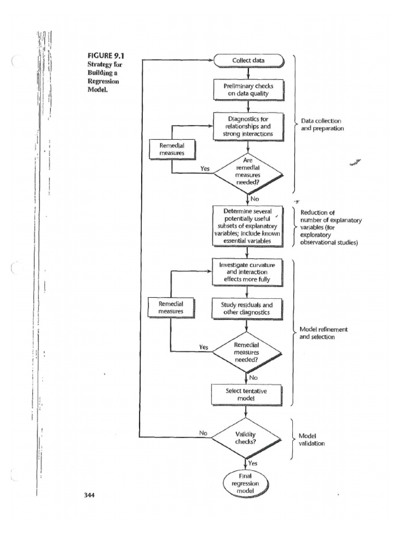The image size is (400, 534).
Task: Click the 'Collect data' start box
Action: click(x=248, y=60)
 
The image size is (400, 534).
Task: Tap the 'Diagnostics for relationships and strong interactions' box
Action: click(x=248, y=127)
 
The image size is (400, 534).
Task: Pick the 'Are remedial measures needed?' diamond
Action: click(x=247, y=172)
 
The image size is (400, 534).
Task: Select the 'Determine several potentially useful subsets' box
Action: click(x=247, y=227)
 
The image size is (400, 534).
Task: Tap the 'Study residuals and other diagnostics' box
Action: click(x=247, y=308)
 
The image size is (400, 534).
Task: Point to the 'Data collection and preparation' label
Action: click(x=322, y=125)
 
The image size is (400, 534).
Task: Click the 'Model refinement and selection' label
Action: click(x=323, y=333)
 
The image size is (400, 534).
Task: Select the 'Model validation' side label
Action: click(x=312, y=440)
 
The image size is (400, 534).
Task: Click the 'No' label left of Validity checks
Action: click(x=204, y=432)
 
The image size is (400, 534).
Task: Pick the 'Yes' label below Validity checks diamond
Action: click(x=253, y=463)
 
